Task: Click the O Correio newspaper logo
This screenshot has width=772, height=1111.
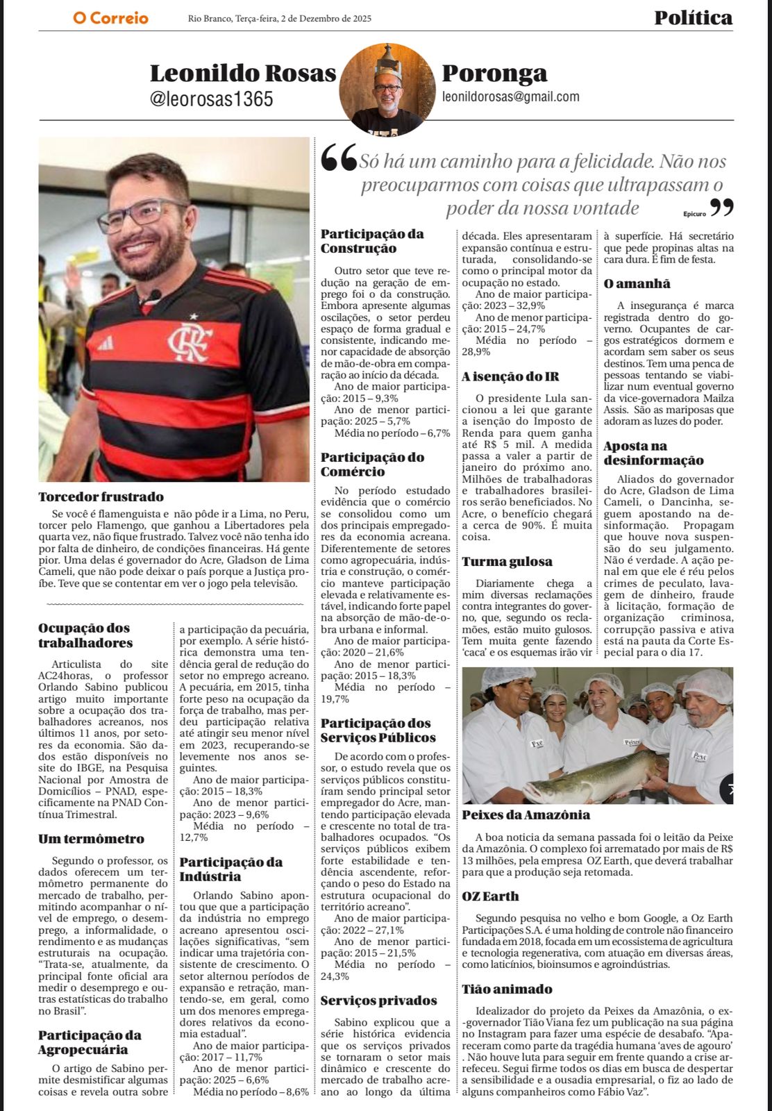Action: [x=110, y=18]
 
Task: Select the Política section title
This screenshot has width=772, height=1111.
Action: [x=693, y=17]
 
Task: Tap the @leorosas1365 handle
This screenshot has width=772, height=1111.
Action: [x=211, y=99]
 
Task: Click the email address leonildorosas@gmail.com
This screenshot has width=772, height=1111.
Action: [x=510, y=97]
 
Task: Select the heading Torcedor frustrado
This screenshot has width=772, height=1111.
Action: [x=101, y=496]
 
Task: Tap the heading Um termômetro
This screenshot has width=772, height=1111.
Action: [x=91, y=839]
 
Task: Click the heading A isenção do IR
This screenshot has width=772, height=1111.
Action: [x=510, y=376]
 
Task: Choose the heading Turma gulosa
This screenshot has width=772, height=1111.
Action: [x=507, y=561]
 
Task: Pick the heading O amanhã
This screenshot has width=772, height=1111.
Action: [x=637, y=283]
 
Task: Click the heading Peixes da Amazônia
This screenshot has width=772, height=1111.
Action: [x=526, y=815]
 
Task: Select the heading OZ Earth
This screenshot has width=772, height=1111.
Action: [x=490, y=896]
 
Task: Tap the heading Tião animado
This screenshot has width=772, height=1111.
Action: [x=507, y=989]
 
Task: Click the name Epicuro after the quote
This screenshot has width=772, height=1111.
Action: [x=694, y=214]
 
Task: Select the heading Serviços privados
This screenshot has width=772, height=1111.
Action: [x=378, y=1000]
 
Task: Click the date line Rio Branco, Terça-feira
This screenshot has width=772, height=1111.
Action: [x=279, y=19]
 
